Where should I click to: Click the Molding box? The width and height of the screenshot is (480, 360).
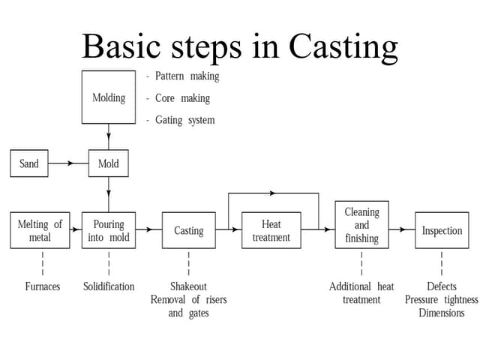[108, 97]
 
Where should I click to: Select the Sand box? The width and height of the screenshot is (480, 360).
[28, 163]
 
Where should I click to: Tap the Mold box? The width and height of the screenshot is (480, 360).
[108, 163]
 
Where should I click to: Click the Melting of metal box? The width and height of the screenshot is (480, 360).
[40, 230]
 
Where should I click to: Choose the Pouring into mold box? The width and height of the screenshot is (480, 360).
[108, 230]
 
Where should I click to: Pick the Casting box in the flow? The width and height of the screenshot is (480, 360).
[188, 230]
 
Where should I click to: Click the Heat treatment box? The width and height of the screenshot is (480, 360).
[271, 230]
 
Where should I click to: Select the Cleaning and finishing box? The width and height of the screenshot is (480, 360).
[361, 225]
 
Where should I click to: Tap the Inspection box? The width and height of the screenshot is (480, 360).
[442, 230]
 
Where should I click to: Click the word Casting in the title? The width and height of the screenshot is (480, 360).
[343, 46]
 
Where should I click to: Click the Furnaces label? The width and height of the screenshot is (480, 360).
[42, 286]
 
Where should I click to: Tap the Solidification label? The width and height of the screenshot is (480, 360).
[109, 286]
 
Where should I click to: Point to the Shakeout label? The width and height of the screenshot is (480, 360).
[188, 286]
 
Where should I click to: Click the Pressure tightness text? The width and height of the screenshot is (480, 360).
[441, 300]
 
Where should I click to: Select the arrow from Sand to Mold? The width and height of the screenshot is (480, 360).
[68, 163]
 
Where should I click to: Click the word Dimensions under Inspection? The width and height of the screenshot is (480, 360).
[441, 313]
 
